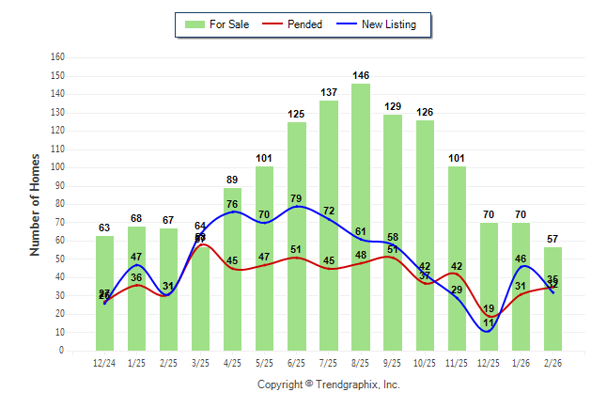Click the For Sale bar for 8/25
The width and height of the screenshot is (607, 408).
[x=361, y=216]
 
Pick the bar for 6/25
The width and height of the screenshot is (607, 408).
[x=297, y=235]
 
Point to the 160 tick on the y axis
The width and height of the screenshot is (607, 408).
[x=57, y=57]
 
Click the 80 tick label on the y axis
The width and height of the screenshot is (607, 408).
[x=59, y=204]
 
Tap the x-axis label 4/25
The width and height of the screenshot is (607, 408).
[x=233, y=362]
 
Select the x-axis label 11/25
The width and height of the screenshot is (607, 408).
[x=457, y=362]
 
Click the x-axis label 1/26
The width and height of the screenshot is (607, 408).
[x=521, y=362]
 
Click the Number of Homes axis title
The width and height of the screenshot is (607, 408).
[x=36, y=204]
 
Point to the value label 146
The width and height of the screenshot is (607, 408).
[x=361, y=75]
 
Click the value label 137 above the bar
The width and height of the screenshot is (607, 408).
[x=329, y=92]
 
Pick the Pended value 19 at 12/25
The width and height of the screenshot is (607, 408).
[x=488, y=308]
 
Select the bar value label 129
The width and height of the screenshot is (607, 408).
[x=393, y=106]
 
